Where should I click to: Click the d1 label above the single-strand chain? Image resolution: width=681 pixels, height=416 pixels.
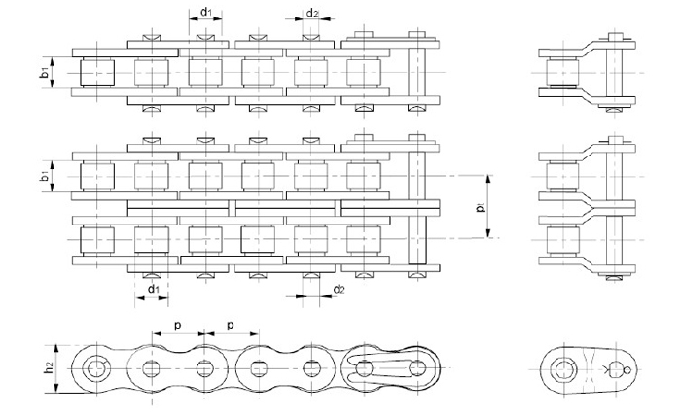206,12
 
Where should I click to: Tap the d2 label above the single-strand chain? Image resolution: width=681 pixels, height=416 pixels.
312,14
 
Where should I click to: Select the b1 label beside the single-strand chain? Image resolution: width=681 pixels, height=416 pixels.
44,73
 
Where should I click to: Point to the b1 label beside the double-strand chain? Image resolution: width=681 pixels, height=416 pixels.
44,176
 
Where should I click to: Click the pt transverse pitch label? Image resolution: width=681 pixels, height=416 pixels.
480,207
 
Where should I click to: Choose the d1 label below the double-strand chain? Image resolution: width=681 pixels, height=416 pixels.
154,289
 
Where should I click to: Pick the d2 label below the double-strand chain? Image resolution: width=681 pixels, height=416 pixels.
339,290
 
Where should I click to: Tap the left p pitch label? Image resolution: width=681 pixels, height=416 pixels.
178,326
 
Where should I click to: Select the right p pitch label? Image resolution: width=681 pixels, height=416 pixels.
232,326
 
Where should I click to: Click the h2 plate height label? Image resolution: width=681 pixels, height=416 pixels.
49,367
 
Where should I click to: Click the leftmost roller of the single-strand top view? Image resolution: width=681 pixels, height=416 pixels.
97,73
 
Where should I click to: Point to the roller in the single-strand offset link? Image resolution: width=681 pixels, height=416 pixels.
562,73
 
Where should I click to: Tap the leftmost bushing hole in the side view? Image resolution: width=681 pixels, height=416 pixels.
96,369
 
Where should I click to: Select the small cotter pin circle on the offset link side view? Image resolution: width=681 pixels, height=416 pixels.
627,370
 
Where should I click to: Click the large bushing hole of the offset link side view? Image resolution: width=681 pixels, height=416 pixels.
562,369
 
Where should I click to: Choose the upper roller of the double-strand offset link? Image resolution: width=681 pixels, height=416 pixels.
562,177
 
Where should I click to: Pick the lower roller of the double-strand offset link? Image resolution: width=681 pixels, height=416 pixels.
562,240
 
